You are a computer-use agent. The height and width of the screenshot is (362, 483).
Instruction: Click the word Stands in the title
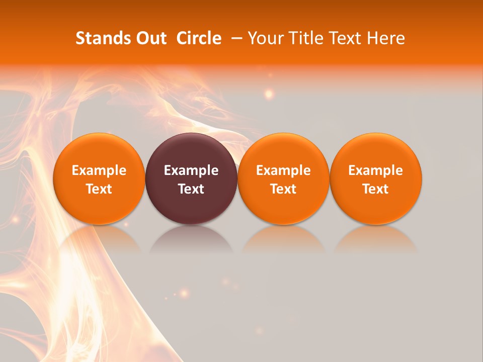click(x=99, y=38)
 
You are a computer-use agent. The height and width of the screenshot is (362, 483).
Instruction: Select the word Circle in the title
click(x=199, y=38)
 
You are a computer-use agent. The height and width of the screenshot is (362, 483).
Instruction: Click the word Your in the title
click(x=264, y=39)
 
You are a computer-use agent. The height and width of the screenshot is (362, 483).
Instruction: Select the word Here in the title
click(x=386, y=38)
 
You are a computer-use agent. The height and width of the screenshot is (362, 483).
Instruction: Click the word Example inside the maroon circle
click(x=191, y=170)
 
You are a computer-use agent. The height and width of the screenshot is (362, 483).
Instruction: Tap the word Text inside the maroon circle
click(x=191, y=189)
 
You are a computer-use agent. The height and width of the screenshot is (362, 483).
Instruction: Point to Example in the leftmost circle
click(x=99, y=170)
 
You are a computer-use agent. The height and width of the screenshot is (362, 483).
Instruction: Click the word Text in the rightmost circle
click(x=376, y=189)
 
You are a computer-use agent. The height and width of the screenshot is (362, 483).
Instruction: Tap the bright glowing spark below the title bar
click(x=269, y=93)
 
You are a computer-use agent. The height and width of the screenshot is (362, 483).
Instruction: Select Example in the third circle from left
click(x=283, y=170)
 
